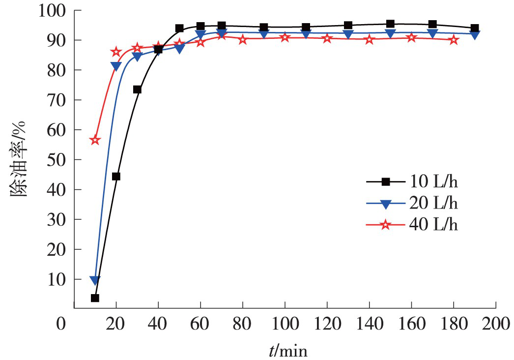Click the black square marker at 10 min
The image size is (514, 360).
[x=95, y=298]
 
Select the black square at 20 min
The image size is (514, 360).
[x=116, y=177]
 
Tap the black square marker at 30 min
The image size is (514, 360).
[x=137, y=90]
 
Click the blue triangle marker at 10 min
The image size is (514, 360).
[x=95, y=280]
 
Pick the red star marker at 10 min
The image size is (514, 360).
[x=95, y=140]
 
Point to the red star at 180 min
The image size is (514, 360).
[x=454, y=40]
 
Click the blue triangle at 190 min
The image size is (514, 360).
[x=475, y=34]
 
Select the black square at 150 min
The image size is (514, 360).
[x=390, y=24]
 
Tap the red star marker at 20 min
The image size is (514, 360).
[x=116, y=52]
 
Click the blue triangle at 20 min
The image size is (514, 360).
[x=116, y=66]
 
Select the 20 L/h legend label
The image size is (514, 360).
[x=435, y=203]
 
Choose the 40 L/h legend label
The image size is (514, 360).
[x=435, y=225]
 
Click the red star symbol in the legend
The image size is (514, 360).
[x=386, y=225]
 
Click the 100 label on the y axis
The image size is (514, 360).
[x=52, y=10]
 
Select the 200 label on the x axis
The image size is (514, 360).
[x=495, y=324]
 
